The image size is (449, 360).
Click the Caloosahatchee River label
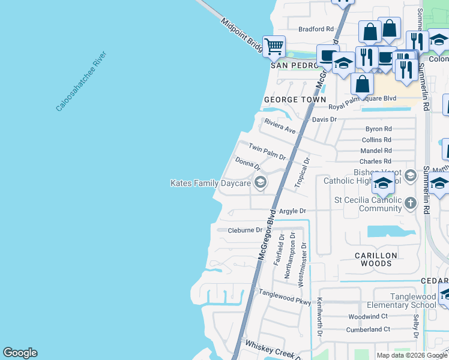82,82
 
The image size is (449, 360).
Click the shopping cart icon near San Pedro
274,46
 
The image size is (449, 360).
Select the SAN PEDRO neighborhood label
293,65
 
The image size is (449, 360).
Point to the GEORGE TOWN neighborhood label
295,100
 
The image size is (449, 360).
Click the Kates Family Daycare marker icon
260,183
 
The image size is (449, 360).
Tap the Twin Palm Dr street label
267,151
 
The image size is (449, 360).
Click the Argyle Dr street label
293,211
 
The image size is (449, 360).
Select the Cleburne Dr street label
245,230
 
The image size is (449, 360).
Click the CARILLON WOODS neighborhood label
376,259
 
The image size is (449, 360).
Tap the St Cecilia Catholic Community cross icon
411,202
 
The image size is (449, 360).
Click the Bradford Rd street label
316,29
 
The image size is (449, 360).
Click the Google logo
20,353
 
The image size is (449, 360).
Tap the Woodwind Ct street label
368,316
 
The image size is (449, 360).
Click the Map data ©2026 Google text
411,355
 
